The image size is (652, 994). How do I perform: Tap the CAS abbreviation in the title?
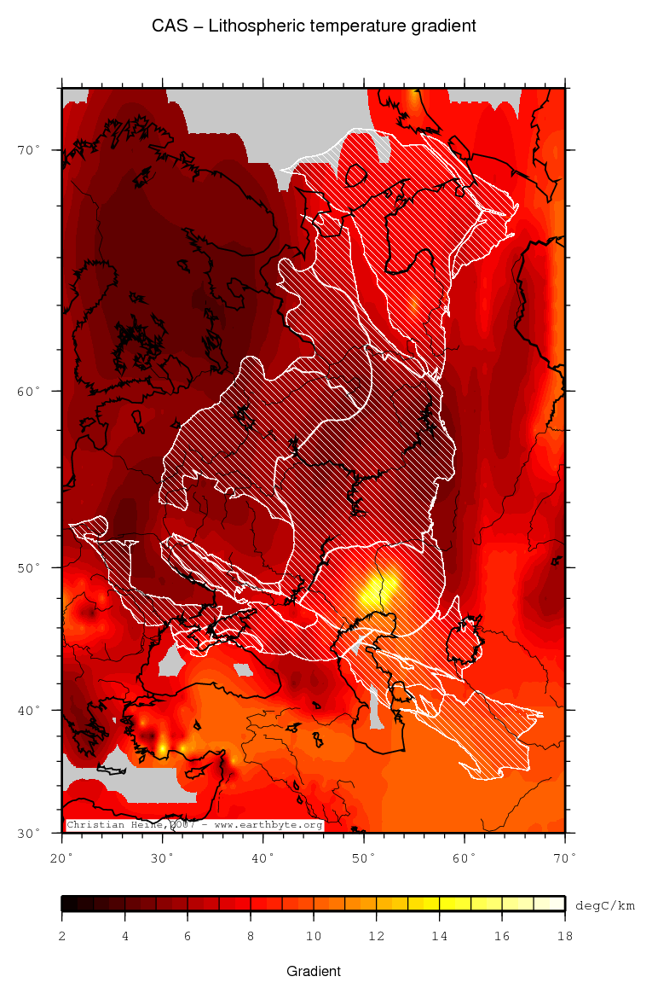167,26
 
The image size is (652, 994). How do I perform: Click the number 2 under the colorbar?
62,937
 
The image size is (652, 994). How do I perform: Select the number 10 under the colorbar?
314,937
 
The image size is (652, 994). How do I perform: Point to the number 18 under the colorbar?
564,937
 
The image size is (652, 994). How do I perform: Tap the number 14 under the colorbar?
439,937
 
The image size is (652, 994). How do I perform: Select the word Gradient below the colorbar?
314,971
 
